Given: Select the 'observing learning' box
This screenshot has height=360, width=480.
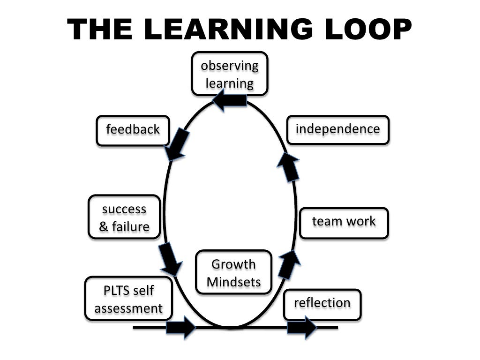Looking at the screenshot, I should coord(229,74).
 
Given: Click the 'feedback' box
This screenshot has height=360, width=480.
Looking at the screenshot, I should coord(133,130).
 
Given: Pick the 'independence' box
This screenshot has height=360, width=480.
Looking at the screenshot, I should coord(337,129).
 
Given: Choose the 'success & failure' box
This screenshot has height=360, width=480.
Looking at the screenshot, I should coord(124,217).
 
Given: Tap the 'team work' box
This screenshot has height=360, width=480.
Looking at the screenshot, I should coord(344,222).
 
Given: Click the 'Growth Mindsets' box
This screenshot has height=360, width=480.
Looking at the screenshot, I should coord(233,273).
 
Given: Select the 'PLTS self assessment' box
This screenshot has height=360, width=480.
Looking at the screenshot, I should coord(128,299).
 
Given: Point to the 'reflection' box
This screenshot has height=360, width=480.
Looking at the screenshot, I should coord(322,304).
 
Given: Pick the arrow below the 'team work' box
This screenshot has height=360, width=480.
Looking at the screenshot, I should coord(289,264).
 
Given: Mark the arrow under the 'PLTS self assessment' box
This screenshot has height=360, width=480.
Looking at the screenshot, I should coord(180,327).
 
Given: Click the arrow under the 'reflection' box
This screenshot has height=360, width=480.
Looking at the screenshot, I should coord(302,327).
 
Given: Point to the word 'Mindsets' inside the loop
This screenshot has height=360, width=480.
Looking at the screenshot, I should coord(233,282).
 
